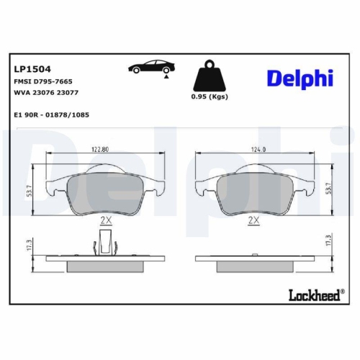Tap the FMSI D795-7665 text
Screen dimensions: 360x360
pyautogui.click(x=44, y=82)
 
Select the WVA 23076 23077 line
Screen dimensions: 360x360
pyautogui.click(x=45, y=93)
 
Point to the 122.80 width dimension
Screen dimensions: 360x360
pyautogui.click(x=99, y=150)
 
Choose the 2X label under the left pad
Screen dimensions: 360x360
pyautogui.click(x=105, y=220)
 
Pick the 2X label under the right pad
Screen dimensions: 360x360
pyautogui.click(x=253, y=220)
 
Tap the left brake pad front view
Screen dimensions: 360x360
pyautogui.click(x=105, y=191)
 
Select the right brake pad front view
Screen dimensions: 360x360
pyautogui.click(x=253, y=191)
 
